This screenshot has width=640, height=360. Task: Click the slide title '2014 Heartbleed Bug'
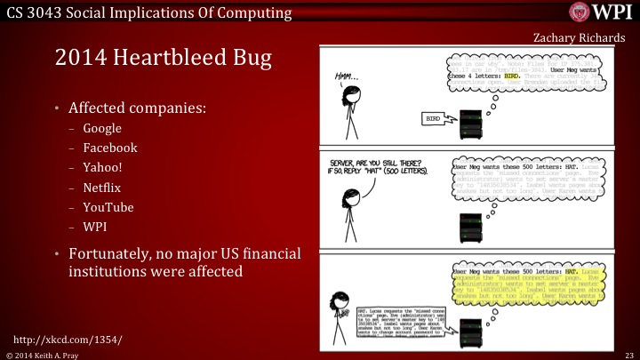click(x=164, y=60)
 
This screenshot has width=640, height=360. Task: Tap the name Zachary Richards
click(x=574, y=37)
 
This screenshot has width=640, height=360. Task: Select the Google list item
click(x=102, y=128)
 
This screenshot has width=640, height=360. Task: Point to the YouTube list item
click(x=108, y=207)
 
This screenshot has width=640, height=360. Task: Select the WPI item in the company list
click(x=95, y=227)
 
